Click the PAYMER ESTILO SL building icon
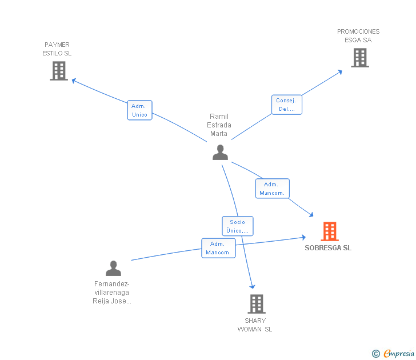tap(59, 71)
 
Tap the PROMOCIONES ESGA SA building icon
tap(359, 58)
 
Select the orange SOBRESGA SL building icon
tap(329, 231)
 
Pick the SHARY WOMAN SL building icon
tap(257, 304)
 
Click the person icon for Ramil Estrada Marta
tap(220, 152)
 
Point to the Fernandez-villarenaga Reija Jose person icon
tap(114, 268)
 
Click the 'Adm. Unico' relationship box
tap(139, 110)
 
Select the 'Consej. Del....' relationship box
tap(286, 105)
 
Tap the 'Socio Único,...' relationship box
tap(237, 226)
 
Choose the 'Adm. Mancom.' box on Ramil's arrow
tap(272, 189)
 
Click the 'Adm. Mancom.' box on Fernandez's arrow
tap(218, 248)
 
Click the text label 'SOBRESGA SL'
tap(328, 248)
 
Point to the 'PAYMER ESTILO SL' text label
tap(57, 49)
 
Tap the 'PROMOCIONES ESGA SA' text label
tap(358, 36)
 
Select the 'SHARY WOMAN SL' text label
tap(255, 325)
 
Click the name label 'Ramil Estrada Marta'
tap(219, 125)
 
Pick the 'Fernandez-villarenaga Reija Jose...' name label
tap(112, 293)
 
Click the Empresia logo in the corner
tap(394, 354)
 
